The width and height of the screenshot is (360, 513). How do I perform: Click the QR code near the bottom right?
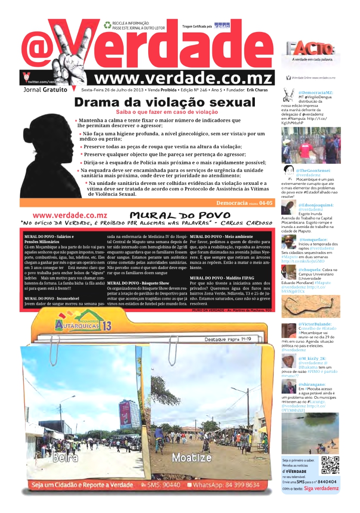330,465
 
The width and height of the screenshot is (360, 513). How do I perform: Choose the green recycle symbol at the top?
107,25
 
